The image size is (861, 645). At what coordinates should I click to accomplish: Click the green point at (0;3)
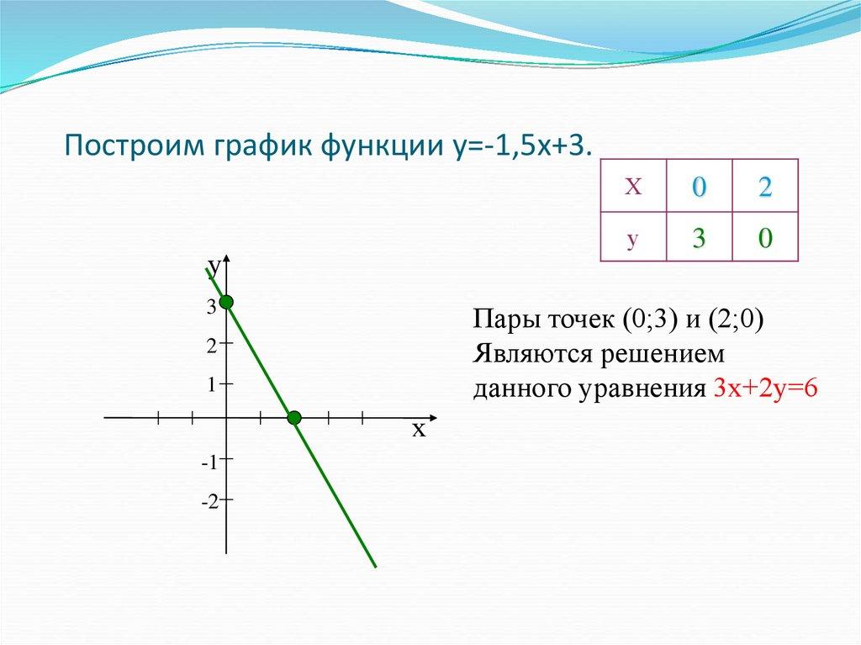pos(226,302)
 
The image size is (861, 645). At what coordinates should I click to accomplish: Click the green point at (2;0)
pos(293,417)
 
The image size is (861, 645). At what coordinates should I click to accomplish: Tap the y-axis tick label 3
pos(212,309)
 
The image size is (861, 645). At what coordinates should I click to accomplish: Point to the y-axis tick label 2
pos(212,345)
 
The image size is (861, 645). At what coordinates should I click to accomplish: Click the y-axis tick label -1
pos(209,462)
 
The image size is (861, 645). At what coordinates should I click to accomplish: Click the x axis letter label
pos(419,431)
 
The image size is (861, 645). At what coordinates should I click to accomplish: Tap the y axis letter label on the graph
pos(214,267)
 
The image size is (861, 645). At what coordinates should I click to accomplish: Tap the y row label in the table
pos(633,239)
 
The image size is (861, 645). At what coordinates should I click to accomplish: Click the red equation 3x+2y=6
pos(765,389)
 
